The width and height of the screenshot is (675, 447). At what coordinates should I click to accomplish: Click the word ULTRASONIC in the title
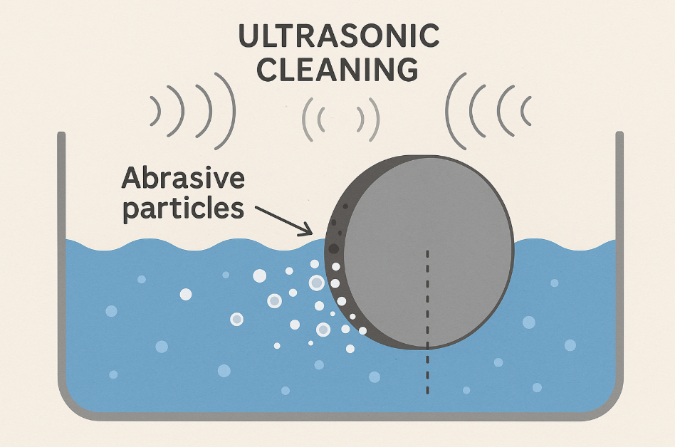click(x=337, y=36)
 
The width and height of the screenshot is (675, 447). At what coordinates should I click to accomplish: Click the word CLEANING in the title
click(x=337, y=70)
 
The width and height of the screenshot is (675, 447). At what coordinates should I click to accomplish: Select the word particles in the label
click(x=183, y=209)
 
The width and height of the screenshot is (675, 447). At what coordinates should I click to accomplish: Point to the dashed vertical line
click(x=427, y=320)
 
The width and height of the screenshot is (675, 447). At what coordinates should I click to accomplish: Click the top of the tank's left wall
click(x=61, y=135)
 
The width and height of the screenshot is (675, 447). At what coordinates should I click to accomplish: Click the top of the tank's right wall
click(x=619, y=135)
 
